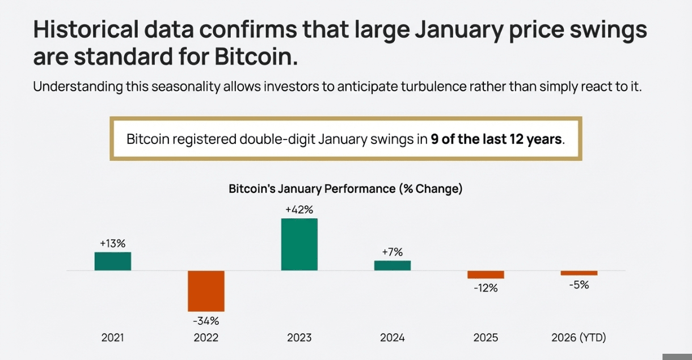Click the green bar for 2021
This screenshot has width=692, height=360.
pyautogui.click(x=112, y=261)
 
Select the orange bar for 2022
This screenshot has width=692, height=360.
pyautogui.click(x=206, y=291)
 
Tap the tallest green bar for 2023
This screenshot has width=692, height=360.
pyautogui.click(x=299, y=244)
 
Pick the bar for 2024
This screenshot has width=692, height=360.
pyautogui.click(x=393, y=265)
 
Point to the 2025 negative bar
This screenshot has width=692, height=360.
pyautogui.click(x=486, y=274)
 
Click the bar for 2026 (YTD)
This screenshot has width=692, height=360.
pyautogui.click(x=579, y=273)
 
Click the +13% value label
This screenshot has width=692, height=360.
pyautogui.click(x=112, y=243)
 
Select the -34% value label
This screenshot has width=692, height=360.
pyautogui.click(x=206, y=321)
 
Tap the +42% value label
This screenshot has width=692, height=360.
pyautogui.click(x=299, y=210)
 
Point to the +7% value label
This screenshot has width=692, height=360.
pyautogui.click(x=393, y=252)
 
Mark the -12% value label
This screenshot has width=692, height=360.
pyautogui.click(x=486, y=288)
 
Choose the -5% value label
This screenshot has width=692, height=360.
pyautogui.click(x=579, y=285)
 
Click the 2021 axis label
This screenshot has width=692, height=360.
pyautogui.click(x=112, y=338)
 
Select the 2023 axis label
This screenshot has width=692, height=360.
pyautogui.click(x=299, y=338)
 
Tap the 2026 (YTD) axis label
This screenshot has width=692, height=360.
pyautogui.click(x=579, y=338)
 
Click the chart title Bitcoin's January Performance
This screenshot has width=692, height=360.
pyautogui.click(x=345, y=189)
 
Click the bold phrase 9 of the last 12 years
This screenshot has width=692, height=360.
pyautogui.click(x=497, y=139)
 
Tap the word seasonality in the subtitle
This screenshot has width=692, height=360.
pyautogui.click(x=184, y=87)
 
